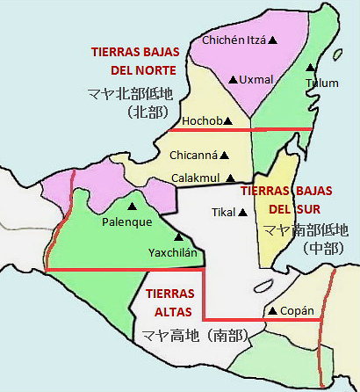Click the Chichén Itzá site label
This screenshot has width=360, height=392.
(x=233, y=40)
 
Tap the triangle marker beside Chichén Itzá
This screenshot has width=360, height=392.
(x=273, y=40)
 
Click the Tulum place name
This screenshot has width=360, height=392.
(x=321, y=83)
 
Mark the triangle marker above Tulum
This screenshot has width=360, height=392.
(x=309, y=67)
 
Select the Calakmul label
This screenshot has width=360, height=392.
(x=194, y=178)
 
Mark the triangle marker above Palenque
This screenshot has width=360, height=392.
(x=132, y=207)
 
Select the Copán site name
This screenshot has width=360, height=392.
(x=300, y=311)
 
